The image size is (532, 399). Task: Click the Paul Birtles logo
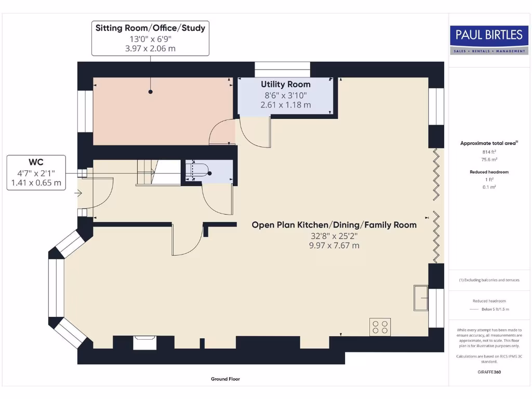489,39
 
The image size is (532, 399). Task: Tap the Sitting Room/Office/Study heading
150,28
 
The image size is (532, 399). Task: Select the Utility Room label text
285,84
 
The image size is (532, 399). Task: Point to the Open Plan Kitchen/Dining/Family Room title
334,225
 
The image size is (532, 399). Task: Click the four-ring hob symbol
380,327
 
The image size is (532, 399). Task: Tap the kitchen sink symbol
420,297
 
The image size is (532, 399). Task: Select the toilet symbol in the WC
199,171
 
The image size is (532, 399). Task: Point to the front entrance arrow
78,194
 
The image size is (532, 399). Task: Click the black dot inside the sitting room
151,92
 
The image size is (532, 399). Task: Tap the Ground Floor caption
225,379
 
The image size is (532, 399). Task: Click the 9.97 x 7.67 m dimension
334,245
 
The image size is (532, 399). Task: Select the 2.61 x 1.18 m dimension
285,104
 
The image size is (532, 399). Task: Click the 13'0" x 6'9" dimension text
150,39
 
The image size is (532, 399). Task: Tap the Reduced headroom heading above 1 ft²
488,172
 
